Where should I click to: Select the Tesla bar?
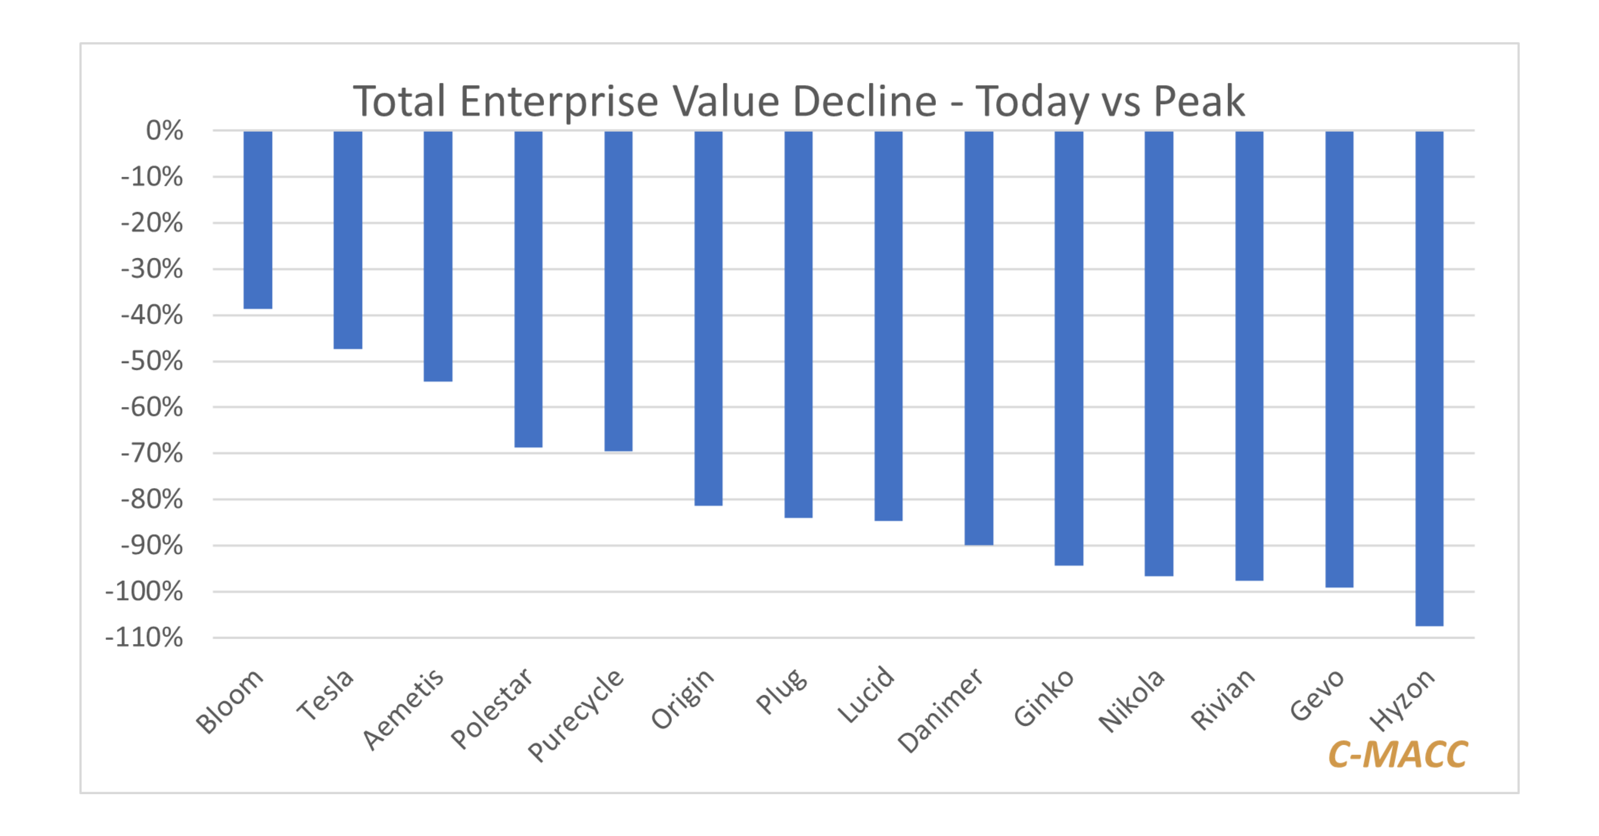348,240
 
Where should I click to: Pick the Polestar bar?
528,289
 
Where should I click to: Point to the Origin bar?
708,318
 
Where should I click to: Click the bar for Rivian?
1249,355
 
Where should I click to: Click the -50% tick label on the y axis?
152,361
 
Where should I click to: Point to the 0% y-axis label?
165,131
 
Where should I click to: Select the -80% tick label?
152,499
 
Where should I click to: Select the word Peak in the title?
1199,101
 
